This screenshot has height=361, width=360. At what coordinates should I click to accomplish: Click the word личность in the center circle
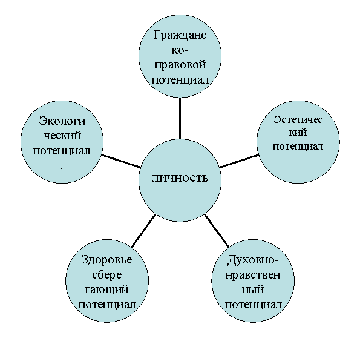coord(180,178)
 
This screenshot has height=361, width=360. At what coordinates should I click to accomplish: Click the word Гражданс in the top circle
coord(180,36)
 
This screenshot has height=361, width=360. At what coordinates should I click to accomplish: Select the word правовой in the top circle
coord(180,65)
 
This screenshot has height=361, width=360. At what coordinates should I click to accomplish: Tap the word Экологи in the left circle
coord(62,121)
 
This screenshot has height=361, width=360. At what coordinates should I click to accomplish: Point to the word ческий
coord(62,136)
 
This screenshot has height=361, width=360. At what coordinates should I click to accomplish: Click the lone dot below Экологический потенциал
coord(62,168)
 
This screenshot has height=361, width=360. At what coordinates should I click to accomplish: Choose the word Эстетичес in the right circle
coord(298,119)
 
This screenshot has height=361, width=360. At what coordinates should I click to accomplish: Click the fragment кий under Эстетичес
coord(298,133)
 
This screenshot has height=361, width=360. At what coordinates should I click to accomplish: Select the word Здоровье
coord(107,260)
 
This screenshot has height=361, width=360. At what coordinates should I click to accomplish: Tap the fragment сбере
coord(107,274)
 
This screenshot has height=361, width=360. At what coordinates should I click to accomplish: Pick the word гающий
coord(106,290)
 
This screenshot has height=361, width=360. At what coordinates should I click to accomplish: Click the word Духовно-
coord(253,260)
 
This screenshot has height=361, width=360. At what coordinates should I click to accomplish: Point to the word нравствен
coord(253,275)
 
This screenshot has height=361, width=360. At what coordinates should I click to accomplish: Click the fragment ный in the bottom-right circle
coord(253,290)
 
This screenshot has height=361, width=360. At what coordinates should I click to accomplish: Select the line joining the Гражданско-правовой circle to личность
coord(180,118)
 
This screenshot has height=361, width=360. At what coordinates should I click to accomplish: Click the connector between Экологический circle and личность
coord(121,161)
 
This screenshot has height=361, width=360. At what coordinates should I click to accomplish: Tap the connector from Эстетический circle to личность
coord(239,161)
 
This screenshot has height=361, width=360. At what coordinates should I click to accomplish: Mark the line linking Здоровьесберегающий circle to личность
coord(143,231)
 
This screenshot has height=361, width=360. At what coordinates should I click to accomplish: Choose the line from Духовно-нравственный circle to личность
coord(217,231)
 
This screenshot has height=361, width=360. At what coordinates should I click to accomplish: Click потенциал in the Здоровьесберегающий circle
coord(107,305)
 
